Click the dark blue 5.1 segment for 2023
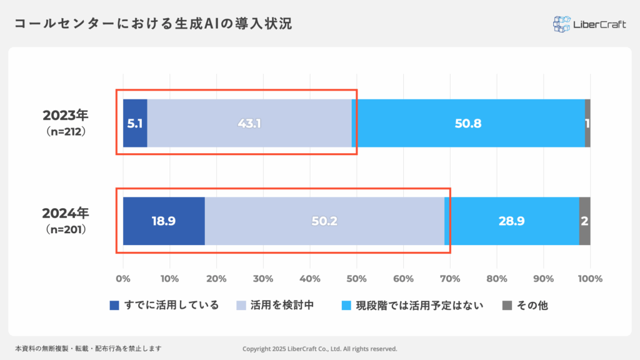135,123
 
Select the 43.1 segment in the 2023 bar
249,123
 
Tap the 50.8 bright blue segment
468,123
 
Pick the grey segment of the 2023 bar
587,123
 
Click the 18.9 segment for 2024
164,221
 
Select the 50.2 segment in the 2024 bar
324,221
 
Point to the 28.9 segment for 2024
512,221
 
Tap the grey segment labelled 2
585,221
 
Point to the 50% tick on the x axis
357,278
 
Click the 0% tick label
123,278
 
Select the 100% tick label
590,278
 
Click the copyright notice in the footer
319,349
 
